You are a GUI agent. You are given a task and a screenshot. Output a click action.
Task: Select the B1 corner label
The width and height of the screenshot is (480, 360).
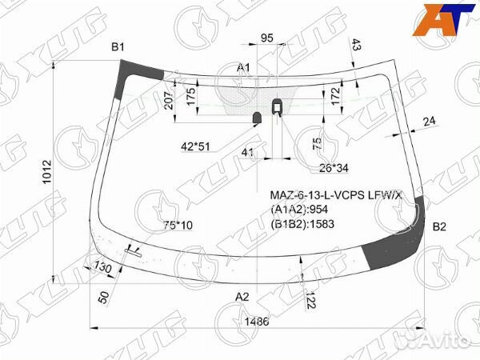(118, 48)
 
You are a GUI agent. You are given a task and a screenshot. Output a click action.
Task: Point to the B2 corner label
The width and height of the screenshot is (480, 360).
(439, 227)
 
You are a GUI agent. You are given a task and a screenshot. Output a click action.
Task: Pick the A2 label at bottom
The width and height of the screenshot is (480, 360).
(242, 297)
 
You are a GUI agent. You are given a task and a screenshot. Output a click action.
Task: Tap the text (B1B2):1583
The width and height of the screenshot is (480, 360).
(302, 223)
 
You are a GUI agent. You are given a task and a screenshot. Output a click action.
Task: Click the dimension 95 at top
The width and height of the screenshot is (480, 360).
(267, 38)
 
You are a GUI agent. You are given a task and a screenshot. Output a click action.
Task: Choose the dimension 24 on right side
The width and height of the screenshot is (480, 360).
(430, 121)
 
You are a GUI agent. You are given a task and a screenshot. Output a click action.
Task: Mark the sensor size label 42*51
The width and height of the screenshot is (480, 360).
(195, 146)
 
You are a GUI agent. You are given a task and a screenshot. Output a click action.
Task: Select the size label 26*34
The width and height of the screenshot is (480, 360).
(334, 167)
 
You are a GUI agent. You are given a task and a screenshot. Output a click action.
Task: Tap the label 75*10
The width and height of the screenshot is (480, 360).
(178, 226)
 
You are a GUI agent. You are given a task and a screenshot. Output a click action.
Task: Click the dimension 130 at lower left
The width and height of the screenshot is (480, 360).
(103, 266)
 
